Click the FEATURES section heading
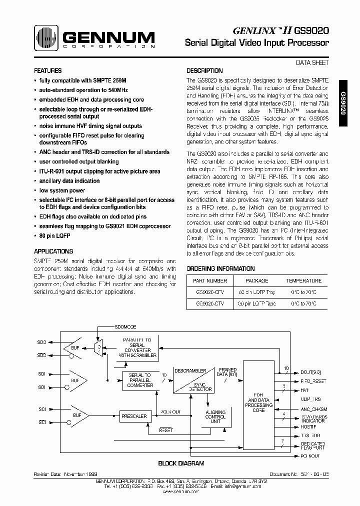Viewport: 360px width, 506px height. (x=48, y=71)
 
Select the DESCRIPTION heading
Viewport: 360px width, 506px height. (x=204, y=71)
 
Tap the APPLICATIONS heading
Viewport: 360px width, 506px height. (x=53, y=251)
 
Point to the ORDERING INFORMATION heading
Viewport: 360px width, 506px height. (x=220, y=268)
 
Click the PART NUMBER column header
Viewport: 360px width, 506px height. (x=210, y=281)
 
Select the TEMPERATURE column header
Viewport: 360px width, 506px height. (x=303, y=281)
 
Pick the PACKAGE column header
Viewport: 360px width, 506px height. (x=257, y=281)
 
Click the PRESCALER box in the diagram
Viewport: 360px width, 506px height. (x=134, y=416)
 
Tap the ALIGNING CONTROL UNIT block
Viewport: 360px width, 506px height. (x=215, y=417)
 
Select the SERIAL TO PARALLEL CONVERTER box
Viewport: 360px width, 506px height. (x=140, y=380)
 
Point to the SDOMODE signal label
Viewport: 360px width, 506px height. (x=125, y=326)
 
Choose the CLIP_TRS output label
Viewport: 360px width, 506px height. (x=310, y=400)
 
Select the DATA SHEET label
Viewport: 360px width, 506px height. (x=312, y=63)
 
